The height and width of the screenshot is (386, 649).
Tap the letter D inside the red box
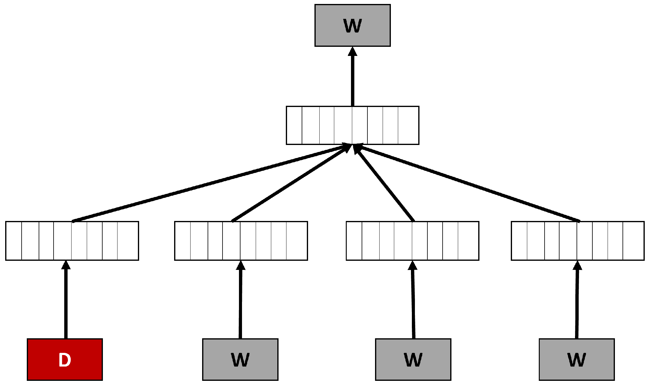pyautogui.click(x=65, y=360)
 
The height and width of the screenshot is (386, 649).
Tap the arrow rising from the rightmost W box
pyautogui.click(x=577, y=304)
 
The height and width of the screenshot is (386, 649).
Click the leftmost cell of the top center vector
pyautogui.click(x=294, y=125)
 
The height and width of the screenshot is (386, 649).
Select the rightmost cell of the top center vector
pyautogui.click(x=409, y=125)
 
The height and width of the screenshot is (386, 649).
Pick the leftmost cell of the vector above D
pyautogui.click(x=14, y=241)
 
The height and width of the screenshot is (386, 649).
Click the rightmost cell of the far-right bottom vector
pyautogui.click(x=633, y=241)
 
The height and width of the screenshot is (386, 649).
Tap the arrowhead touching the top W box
pyautogui.click(x=353, y=52)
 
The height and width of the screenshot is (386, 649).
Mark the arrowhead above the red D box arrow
pyautogui.click(x=66, y=265)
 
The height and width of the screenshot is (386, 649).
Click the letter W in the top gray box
pyautogui.click(x=353, y=26)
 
